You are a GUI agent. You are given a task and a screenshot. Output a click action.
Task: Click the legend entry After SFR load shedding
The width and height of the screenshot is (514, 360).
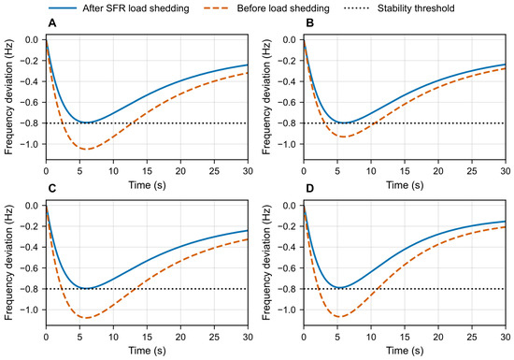click(119, 7)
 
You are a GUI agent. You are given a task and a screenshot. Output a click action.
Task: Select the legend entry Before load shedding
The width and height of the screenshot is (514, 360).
click(266, 7)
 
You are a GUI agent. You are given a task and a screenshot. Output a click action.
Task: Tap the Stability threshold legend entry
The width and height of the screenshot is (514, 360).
click(399, 7)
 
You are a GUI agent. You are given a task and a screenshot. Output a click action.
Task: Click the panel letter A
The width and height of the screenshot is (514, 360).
click(51, 23)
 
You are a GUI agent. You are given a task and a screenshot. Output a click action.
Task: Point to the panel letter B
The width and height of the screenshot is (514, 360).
click(309, 23)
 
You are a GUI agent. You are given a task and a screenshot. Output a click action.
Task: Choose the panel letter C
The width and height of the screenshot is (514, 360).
click(51, 189)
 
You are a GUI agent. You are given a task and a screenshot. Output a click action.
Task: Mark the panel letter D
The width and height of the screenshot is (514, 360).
click(309, 189)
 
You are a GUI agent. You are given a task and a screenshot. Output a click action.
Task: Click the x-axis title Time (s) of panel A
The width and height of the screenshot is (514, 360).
click(147, 185)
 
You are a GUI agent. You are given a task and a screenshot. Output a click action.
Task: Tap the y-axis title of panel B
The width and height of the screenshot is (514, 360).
click(266, 97)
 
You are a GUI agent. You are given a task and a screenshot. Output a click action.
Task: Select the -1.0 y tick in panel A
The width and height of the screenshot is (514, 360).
click(29, 144)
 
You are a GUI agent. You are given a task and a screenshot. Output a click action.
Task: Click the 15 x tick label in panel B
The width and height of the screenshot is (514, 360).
click(405, 171)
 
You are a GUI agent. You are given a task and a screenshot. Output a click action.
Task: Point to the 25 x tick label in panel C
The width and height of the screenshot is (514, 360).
click(214, 337)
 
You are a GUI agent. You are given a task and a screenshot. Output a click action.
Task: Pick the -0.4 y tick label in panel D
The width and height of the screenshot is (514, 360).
click(286, 247)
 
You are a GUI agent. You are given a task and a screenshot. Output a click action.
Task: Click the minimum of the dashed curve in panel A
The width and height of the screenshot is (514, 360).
click(87, 150)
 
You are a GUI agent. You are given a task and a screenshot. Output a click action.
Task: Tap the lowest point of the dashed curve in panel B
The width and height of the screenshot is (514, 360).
click(343, 137)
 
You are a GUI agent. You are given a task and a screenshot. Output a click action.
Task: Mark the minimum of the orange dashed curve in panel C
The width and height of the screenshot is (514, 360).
click(87, 318)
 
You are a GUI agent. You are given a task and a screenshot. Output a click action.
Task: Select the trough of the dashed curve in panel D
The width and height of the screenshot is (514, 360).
click(339, 317)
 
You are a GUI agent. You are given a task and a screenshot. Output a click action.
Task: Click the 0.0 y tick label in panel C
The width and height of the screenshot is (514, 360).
click(31, 206)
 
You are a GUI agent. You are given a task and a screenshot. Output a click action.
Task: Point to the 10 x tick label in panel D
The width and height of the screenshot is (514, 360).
click(371, 337)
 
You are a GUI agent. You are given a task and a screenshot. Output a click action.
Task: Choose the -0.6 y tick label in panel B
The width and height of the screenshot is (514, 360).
click(286, 103)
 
